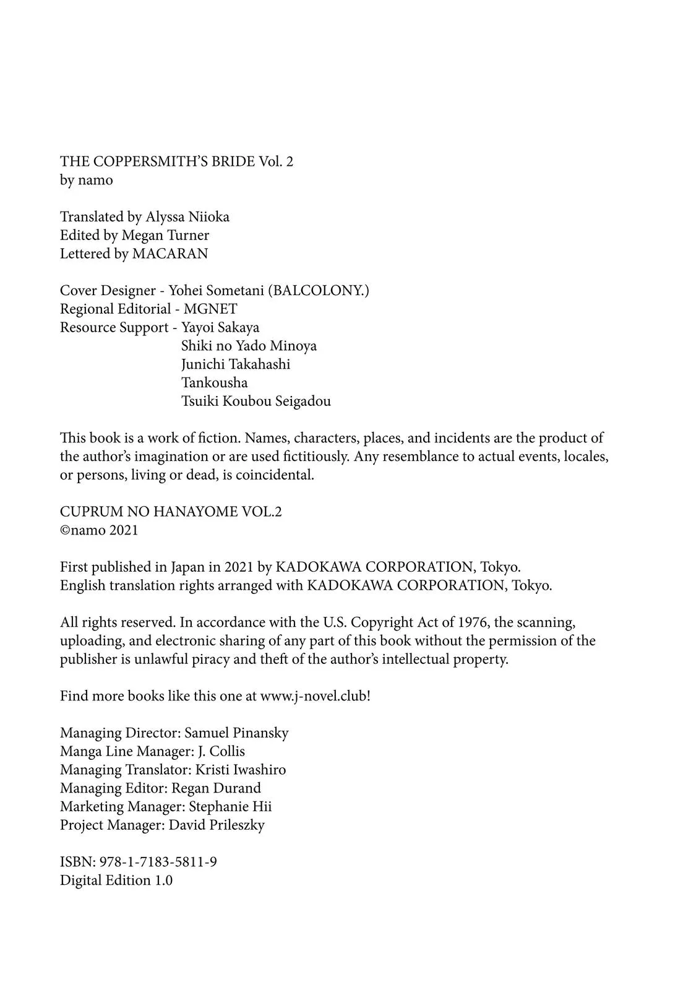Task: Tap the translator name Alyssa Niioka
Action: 187,217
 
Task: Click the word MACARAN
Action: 170,254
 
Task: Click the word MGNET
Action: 210,309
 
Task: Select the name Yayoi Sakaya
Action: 220,327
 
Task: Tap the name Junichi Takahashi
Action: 236,364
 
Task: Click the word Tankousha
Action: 214,382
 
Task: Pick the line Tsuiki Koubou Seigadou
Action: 256,401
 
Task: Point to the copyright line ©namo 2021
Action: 99,530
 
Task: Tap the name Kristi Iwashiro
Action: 241,770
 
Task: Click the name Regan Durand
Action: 216,788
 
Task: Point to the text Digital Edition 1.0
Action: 116,880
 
